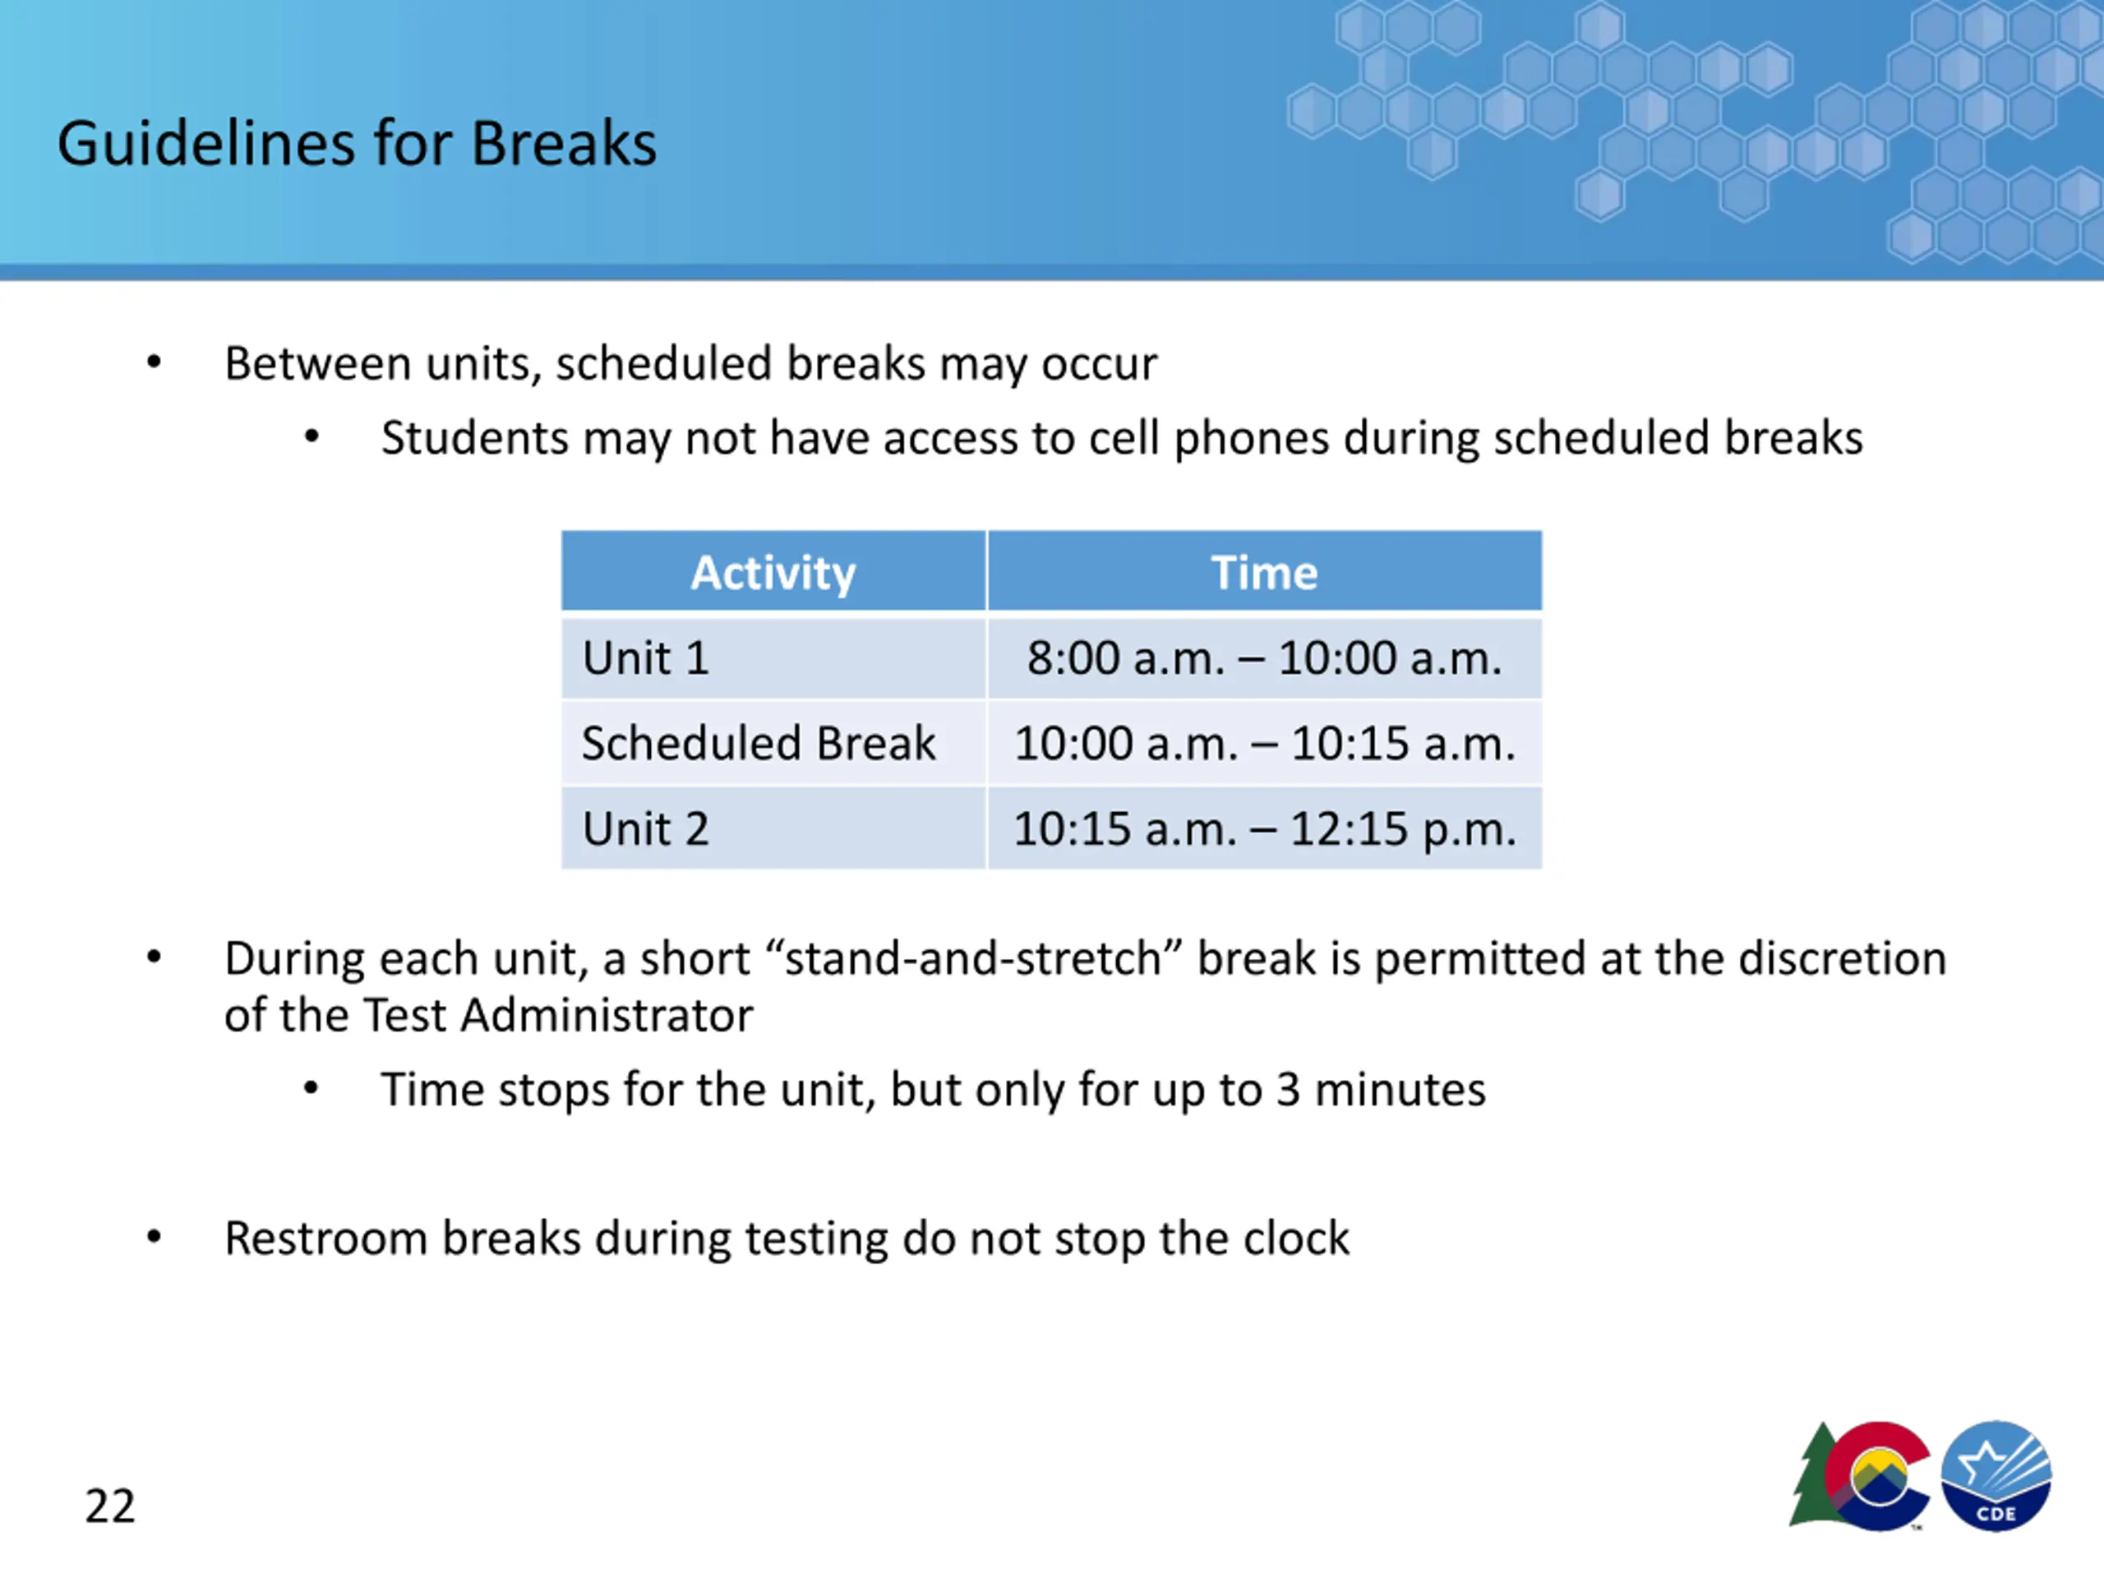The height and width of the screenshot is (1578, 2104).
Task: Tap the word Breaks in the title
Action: (563, 144)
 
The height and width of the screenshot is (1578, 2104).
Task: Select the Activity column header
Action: (773, 573)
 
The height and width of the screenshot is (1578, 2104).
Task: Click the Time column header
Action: (1264, 573)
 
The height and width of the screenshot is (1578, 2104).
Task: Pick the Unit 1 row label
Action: (646, 658)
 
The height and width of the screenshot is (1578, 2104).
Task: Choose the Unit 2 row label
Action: (646, 828)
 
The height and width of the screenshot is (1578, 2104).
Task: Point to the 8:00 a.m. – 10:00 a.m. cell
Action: (1264, 658)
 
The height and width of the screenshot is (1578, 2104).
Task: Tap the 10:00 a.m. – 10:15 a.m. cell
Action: (1264, 743)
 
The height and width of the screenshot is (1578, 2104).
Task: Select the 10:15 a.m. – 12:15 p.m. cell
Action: (1264, 828)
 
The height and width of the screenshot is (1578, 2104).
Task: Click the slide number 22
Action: (110, 1506)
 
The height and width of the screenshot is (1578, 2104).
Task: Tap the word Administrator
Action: (607, 1015)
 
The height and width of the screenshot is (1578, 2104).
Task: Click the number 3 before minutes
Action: (1288, 1090)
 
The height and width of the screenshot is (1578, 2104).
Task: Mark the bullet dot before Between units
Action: (154, 362)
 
